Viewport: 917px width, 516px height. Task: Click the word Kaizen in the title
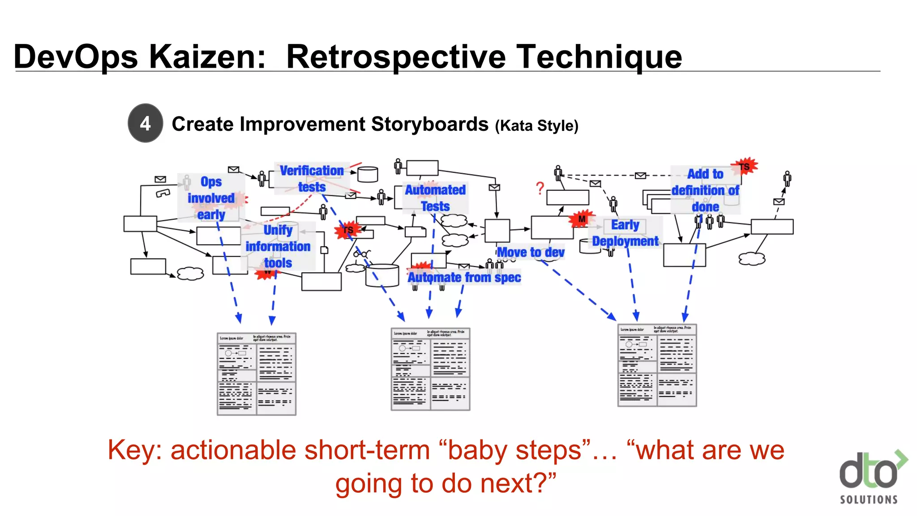(207, 57)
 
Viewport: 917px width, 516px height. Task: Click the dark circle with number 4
(145, 123)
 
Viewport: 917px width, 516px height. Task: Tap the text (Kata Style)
(536, 126)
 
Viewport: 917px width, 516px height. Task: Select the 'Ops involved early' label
(211, 198)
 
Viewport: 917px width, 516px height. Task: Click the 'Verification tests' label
(312, 178)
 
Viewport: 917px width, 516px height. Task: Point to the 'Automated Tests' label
(435, 198)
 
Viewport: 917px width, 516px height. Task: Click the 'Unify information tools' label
(278, 246)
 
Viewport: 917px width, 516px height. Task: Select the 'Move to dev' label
(531, 252)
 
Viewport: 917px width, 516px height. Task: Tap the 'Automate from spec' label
(464, 277)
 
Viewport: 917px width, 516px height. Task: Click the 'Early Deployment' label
(625, 232)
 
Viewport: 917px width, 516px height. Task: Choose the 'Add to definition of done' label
(705, 190)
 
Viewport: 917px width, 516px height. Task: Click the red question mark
(540, 188)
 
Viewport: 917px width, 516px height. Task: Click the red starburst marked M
(581, 219)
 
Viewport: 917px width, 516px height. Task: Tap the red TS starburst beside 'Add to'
(744, 167)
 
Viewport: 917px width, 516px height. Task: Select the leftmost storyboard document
(257, 374)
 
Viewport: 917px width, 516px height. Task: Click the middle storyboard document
(430, 369)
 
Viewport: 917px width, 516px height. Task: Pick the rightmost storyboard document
(657, 365)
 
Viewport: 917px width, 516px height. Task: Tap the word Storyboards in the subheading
(429, 124)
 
